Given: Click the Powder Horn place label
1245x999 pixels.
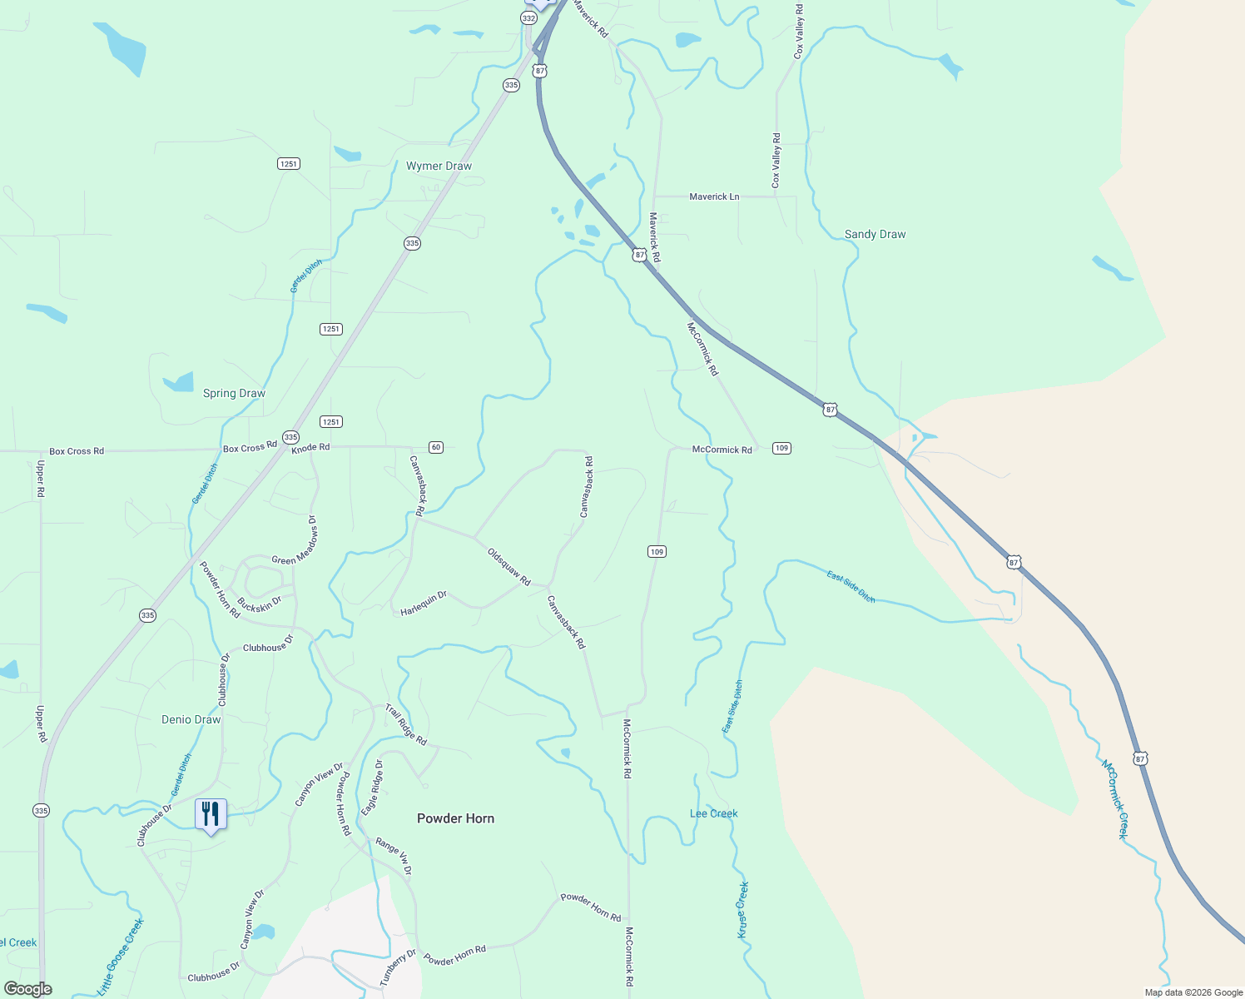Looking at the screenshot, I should [x=455, y=818].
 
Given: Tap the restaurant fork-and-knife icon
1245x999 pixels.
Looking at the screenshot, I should [x=211, y=813].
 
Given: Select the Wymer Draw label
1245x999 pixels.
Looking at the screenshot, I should [x=439, y=166].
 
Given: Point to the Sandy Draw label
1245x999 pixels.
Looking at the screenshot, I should [x=875, y=234].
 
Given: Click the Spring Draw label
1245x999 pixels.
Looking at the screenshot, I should [x=234, y=393].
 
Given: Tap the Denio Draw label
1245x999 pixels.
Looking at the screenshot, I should [x=191, y=719].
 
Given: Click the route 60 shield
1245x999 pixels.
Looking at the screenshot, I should [x=436, y=447].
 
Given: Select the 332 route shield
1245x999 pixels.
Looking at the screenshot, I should [x=529, y=17].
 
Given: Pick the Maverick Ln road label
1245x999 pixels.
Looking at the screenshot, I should [x=714, y=196].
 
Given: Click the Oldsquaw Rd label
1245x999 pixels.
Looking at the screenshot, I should [x=508, y=566].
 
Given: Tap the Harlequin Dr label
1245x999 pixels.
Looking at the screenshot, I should [x=424, y=603].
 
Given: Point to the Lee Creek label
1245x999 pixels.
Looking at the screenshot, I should [x=713, y=813].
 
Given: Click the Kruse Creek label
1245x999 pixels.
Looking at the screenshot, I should [x=742, y=910].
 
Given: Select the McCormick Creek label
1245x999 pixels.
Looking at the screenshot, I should [x=1114, y=798].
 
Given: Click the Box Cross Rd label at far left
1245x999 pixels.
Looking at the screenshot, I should [x=77, y=451].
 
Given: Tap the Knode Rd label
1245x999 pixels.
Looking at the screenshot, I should [x=310, y=448].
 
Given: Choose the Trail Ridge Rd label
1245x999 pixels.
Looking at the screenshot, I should [x=406, y=724].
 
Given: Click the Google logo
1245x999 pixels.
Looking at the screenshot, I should [x=27, y=989].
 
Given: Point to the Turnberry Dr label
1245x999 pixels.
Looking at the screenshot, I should [x=398, y=967].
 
